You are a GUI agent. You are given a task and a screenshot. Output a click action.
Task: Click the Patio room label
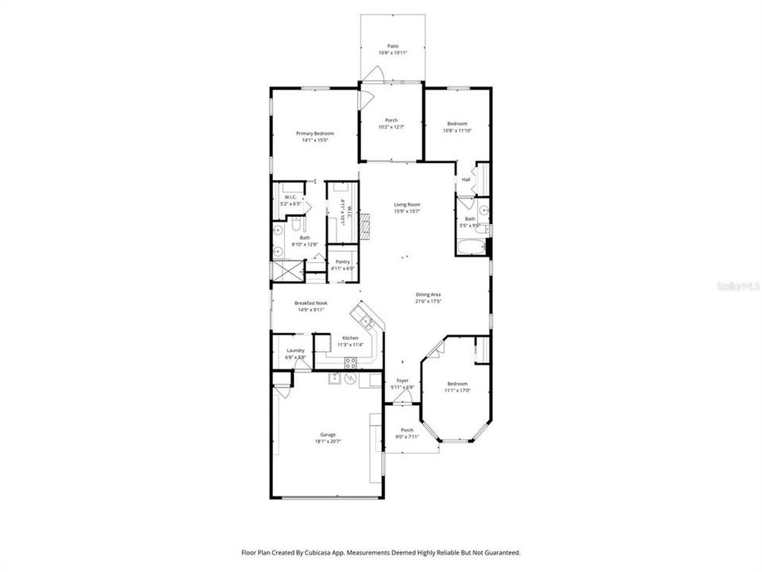(392, 46)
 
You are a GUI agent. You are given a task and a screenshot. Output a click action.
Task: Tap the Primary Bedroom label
(315, 133)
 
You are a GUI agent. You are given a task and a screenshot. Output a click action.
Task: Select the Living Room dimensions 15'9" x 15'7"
(407, 211)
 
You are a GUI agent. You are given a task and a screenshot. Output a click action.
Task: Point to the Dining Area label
(428, 295)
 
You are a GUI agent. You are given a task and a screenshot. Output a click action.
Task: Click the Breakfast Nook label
(310, 303)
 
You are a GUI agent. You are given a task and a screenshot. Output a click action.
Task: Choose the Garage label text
(328, 435)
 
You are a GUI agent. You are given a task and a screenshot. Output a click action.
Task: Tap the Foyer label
(403, 381)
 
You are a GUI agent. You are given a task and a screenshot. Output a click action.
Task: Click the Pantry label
(342, 261)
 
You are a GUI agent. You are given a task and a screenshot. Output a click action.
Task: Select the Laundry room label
(295, 350)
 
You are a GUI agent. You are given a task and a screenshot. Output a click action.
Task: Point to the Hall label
(466, 180)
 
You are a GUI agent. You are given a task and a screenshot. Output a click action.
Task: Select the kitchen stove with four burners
(350, 364)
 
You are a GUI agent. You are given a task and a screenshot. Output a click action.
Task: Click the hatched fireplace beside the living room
(364, 226)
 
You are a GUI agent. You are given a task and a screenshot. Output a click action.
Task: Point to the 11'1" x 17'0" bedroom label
(456, 387)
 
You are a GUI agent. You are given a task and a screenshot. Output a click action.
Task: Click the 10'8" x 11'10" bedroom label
(456, 127)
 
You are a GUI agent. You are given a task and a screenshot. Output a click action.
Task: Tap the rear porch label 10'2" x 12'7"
(391, 123)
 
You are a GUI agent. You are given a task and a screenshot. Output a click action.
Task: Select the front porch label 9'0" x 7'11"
(406, 434)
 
